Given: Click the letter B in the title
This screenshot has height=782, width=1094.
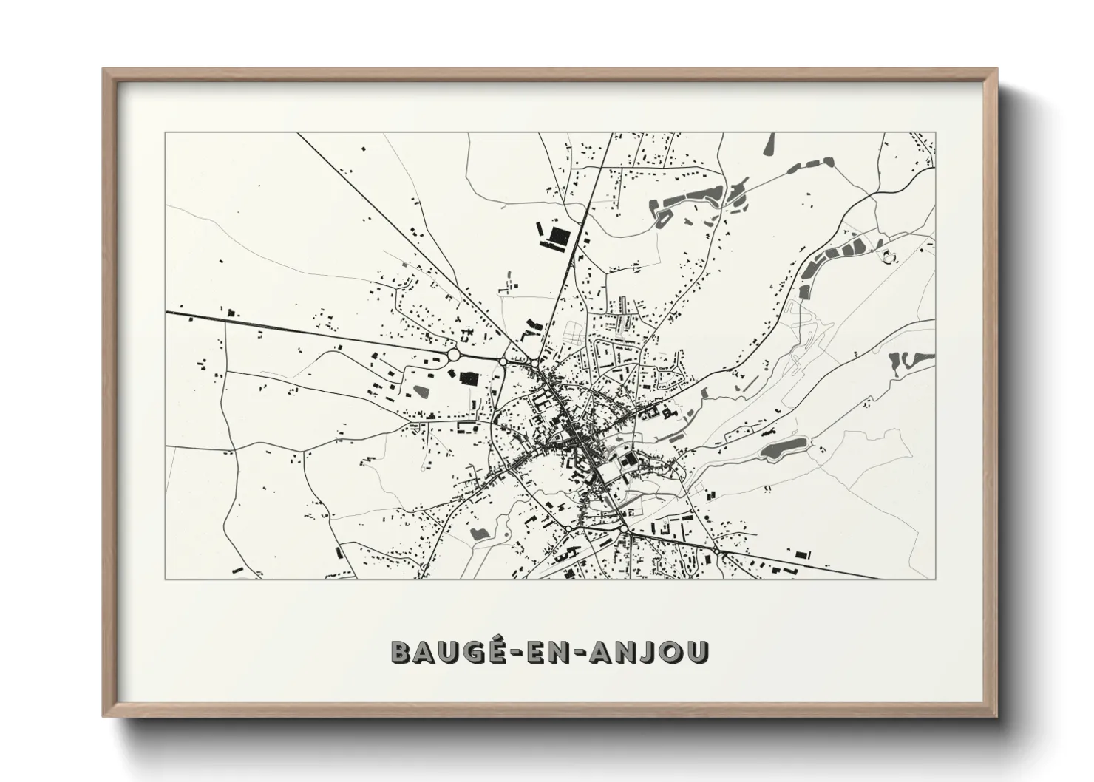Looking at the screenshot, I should point(401,650).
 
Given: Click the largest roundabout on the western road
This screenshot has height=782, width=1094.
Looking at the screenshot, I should point(454,355).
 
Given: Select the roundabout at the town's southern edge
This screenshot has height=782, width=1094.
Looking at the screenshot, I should point(625,529).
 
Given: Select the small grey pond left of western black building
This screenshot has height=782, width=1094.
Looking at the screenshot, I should point(421,390).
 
